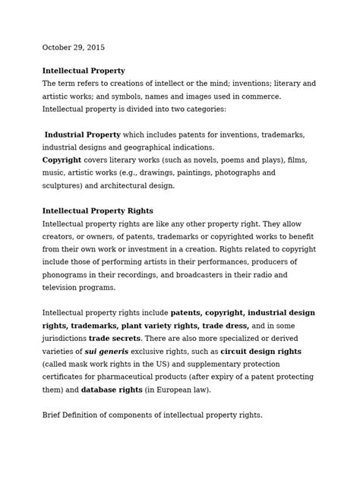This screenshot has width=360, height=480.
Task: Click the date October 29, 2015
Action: click(x=74, y=48)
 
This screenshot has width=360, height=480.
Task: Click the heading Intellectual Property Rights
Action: click(x=98, y=210)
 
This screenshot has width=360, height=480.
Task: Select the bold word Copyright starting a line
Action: click(x=62, y=160)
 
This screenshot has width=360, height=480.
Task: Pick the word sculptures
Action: click(x=63, y=185)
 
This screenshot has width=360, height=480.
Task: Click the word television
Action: click(x=63, y=288)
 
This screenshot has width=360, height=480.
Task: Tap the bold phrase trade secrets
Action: click(x=114, y=339)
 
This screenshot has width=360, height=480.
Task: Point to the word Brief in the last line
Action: click(x=53, y=415)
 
